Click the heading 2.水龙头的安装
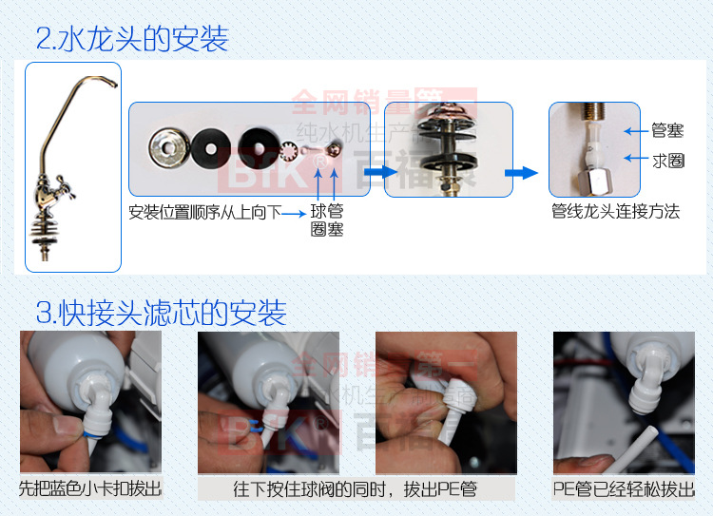tap(132, 40)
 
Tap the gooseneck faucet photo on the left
tap(73, 167)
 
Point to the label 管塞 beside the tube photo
tap(667, 131)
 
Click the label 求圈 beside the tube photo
tap(667, 162)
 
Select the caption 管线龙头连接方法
tap(615, 211)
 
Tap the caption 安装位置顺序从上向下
tap(205, 211)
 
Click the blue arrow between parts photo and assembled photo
tap(376, 172)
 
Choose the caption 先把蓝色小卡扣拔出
tap(90, 489)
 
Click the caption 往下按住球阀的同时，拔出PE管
tap(356, 489)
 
